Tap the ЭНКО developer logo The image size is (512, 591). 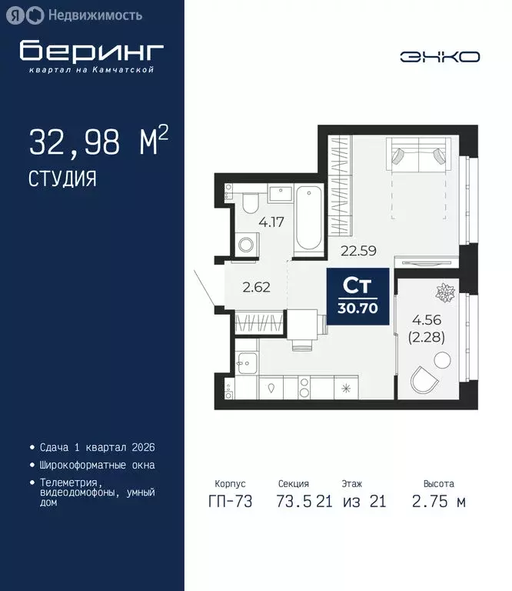coord(440,56)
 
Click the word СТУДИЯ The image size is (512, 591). coord(63,179)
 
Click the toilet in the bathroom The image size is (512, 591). coord(250,204)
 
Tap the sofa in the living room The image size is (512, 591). coord(417,155)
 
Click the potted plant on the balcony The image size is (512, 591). coord(444,293)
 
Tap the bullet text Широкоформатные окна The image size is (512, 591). coord(96,465)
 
